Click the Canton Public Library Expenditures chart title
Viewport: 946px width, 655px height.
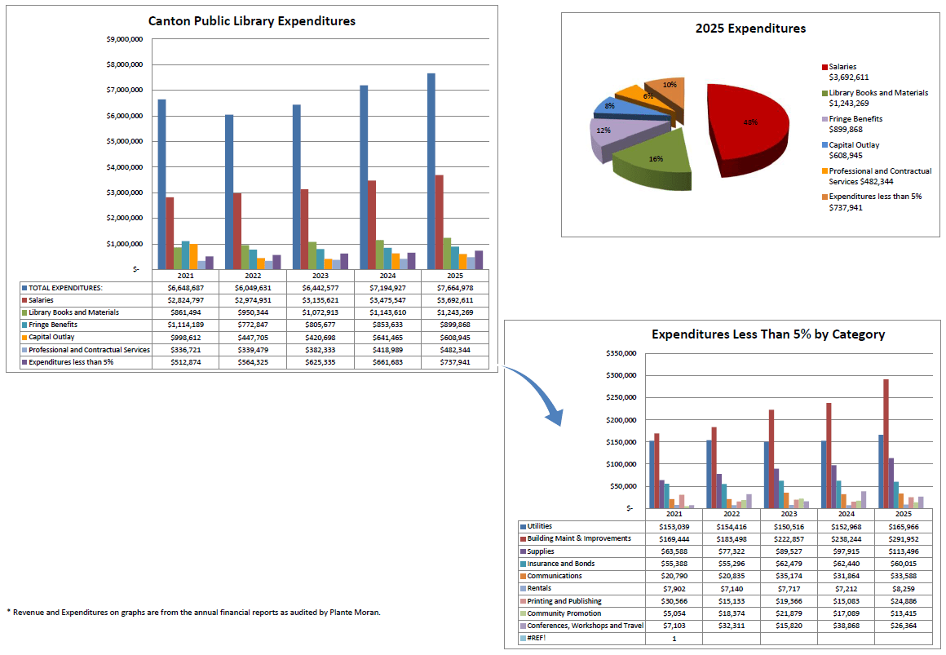tap(251, 21)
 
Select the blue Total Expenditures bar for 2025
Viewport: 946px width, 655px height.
tap(431, 171)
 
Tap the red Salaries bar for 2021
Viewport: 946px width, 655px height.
tap(170, 232)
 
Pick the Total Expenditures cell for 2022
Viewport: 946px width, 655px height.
tap(252, 288)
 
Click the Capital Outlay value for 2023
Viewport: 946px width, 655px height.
tap(320, 338)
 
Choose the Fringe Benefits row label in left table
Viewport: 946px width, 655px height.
tap(54, 325)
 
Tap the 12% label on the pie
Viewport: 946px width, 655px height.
tap(603, 131)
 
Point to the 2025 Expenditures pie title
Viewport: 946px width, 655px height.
tap(749, 29)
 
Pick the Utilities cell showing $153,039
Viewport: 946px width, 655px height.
tap(674, 526)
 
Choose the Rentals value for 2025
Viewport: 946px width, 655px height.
tap(902, 588)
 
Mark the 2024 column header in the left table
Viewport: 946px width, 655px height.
tap(387, 276)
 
